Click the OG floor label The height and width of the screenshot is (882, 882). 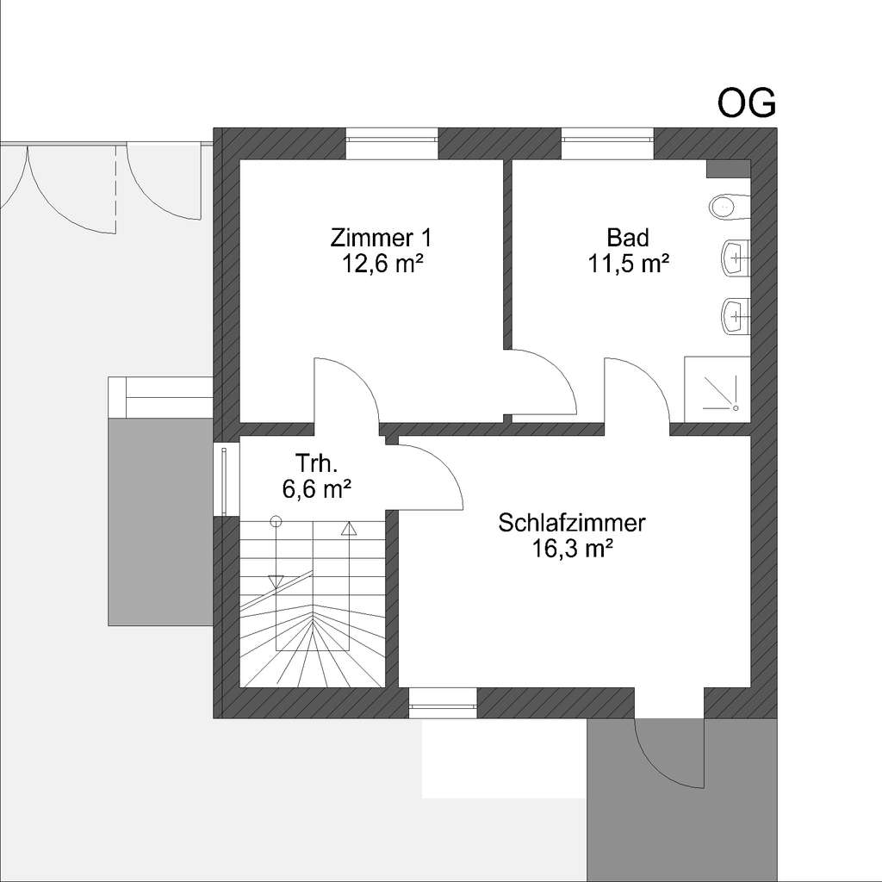[x=747, y=102]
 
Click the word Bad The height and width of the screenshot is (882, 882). [x=628, y=237]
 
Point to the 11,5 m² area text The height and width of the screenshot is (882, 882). [x=629, y=264]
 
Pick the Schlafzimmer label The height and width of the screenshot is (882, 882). [x=572, y=523]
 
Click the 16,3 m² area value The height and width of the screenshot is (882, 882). [x=572, y=550]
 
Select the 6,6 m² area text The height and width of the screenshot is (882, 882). [x=316, y=489]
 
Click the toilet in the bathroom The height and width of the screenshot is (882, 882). [x=728, y=207]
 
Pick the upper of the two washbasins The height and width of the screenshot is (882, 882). [x=735, y=257]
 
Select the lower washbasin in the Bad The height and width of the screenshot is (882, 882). [x=735, y=315]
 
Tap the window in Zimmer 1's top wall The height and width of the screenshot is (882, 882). [x=392, y=144]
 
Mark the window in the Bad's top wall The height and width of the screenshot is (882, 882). [x=607, y=144]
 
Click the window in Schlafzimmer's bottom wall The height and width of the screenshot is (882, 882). [x=443, y=703]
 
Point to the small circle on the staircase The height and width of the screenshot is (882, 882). [x=276, y=521]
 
